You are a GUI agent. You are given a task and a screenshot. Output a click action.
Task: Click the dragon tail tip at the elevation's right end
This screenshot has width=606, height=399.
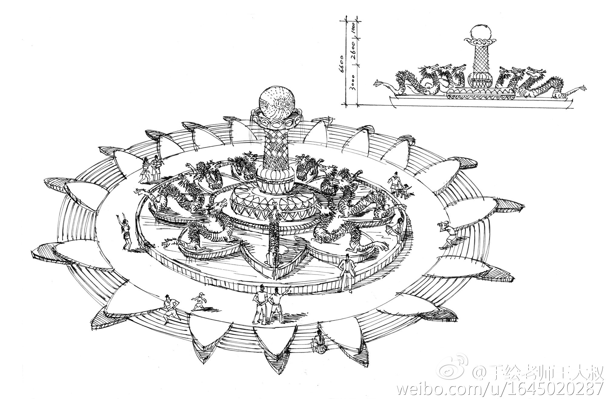pyautogui.click(x=583, y=88)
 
